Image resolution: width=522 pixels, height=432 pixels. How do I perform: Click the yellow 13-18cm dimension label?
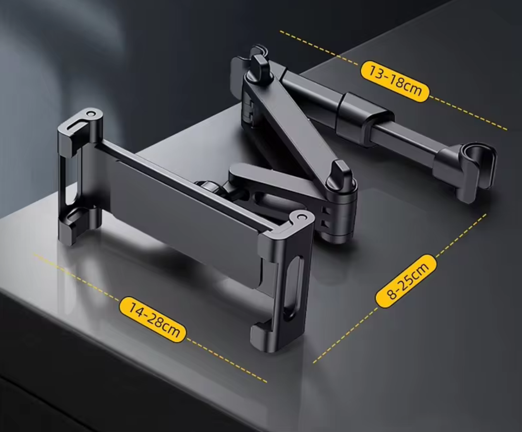tap(395, 81)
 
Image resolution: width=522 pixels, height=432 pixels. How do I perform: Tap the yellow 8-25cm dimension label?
tap(407, 281)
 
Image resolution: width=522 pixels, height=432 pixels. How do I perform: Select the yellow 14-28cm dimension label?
tap(153, 320)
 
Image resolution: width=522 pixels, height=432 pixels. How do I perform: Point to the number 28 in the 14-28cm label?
tap(154, 321)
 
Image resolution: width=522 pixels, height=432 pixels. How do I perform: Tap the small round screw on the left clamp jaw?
tap(90, 114)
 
